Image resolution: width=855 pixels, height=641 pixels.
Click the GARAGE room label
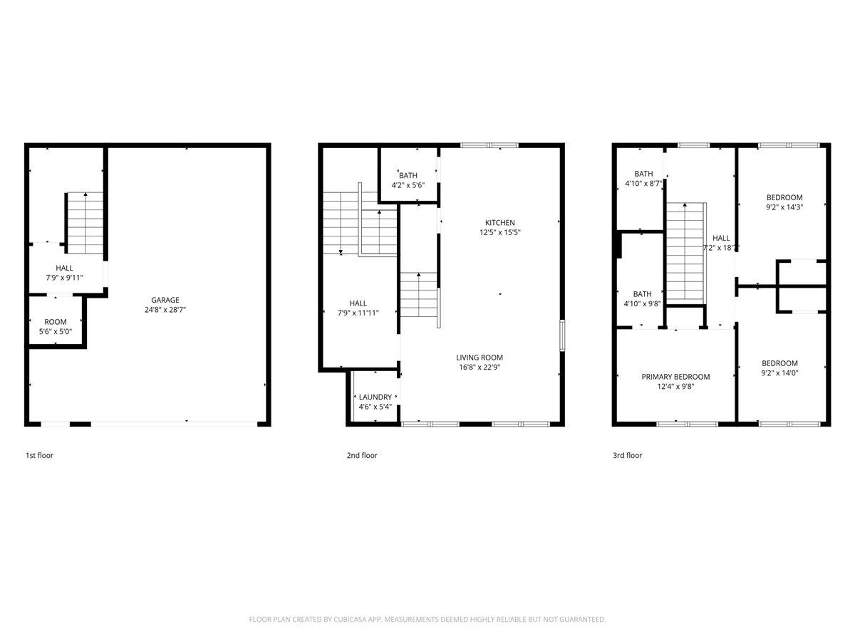tap(165, 300)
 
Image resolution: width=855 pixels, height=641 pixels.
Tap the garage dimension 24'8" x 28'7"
tap(165, 310)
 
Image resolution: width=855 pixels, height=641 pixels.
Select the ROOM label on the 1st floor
tap(56, 322)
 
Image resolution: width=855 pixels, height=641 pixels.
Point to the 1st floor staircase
tap(85, 223)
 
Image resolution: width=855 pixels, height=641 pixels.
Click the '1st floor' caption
tap(39, 456)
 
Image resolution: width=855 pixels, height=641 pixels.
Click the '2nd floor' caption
tap(362, 456)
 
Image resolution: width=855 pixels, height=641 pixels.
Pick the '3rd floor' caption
tap(627, 456)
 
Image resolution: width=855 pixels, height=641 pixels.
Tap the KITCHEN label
tap(499, 223)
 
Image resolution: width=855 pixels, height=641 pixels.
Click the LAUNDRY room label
tap(375, 397)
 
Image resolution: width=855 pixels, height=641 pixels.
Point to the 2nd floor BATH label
tap(408, 175)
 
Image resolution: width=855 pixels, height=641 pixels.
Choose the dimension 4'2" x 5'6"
tap(408, 185)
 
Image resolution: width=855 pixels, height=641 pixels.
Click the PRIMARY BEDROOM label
tap(675, 377)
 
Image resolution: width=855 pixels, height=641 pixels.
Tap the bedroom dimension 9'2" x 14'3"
tap(784, 208)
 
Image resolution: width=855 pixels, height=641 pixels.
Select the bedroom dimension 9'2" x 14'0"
tap(779, 372)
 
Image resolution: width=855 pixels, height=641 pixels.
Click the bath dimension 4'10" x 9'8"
tap(643, 303)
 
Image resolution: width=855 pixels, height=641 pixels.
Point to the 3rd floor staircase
tap(685, 251)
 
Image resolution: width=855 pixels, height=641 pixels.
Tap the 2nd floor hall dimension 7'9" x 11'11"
tap(358, 313)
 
